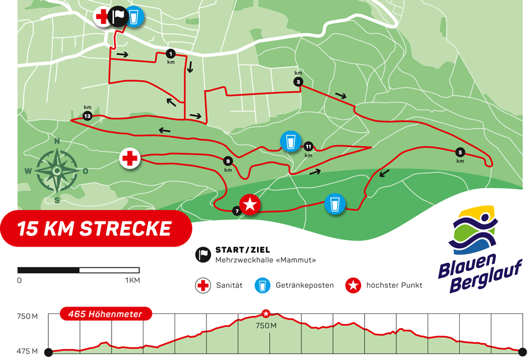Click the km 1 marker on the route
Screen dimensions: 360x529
(171, 53)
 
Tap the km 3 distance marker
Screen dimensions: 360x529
(298, 82)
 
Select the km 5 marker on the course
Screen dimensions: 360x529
(460, 152)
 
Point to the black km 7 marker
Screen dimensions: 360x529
(237, 211)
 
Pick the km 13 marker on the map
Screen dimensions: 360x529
(87, 116)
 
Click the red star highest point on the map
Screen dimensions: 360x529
(251, 204)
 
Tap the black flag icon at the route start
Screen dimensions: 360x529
(118, 16)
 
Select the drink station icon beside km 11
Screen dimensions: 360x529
(289, 141)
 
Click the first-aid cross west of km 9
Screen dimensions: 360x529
(130, 158)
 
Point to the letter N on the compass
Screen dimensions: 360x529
(57, 141)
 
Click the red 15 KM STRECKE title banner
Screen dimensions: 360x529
(95, 229)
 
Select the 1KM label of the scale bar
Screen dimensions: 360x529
(133, 280)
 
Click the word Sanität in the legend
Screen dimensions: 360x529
(228, 286)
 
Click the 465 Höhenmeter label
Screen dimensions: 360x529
(105, 314)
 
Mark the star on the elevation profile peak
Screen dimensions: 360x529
(266, 313)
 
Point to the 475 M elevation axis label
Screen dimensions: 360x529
(26, 351)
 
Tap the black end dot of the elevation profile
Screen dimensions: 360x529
(522, 351)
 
